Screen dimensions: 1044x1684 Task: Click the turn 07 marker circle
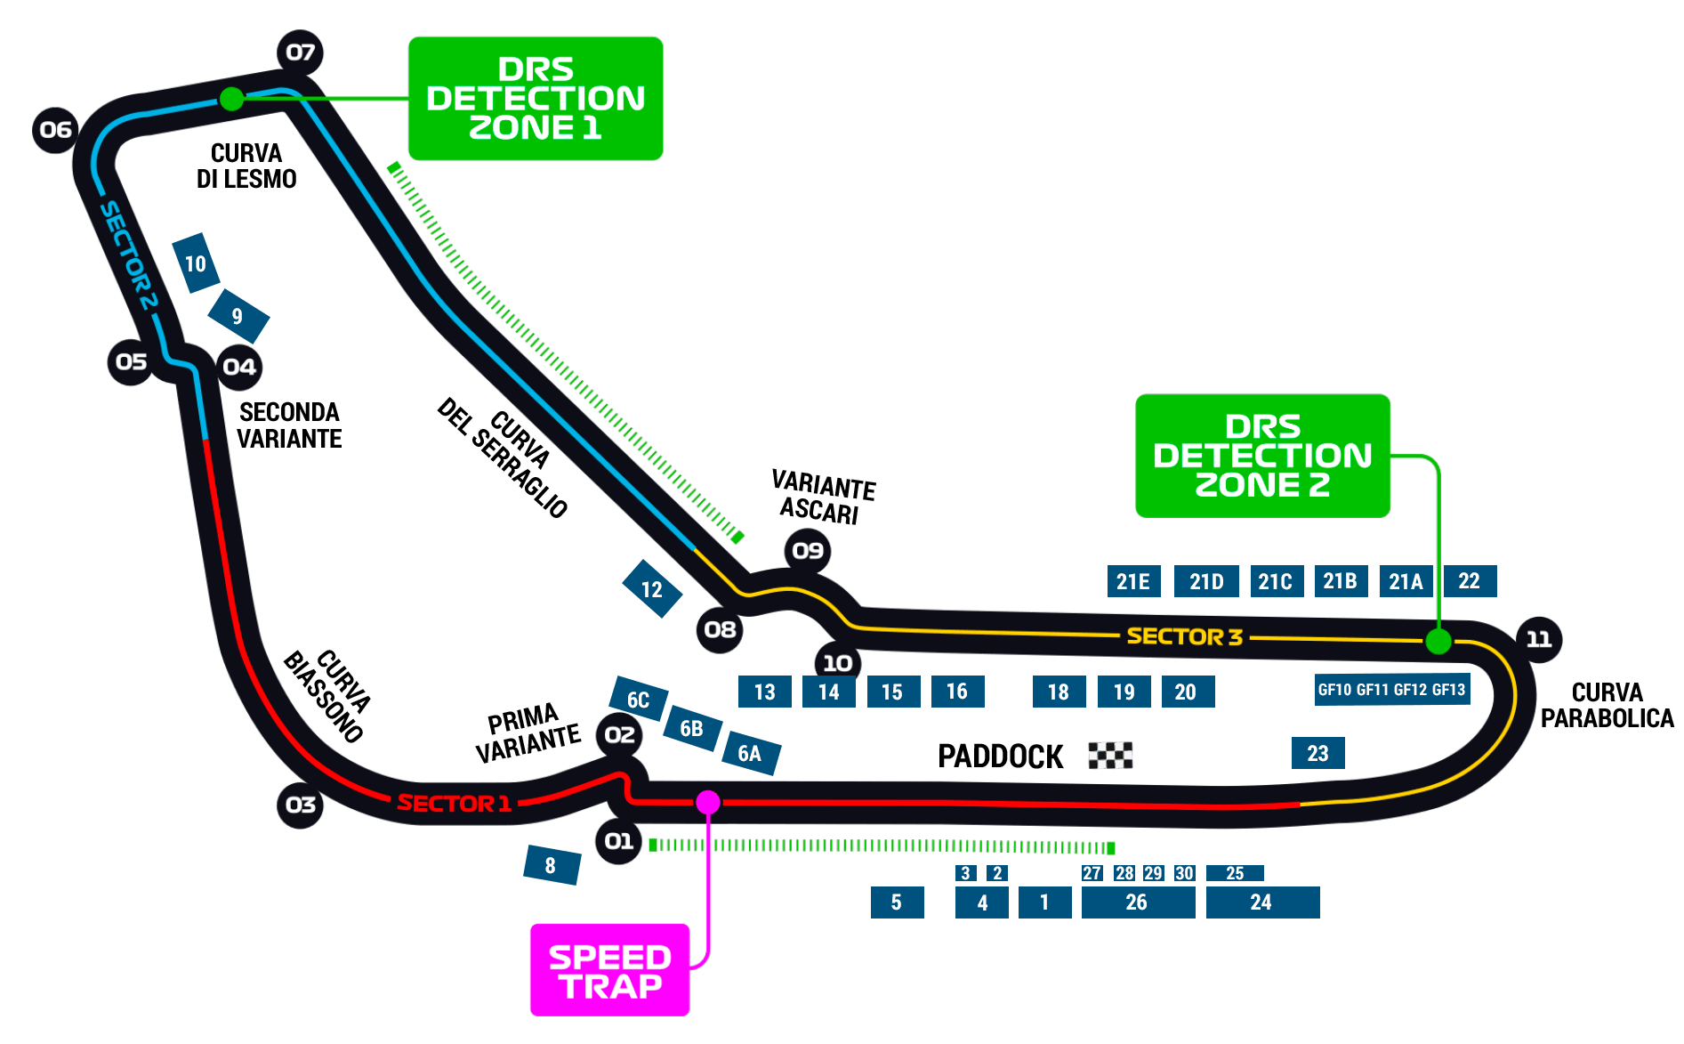click(x=301, y=53)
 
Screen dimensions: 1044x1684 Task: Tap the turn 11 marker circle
click(x=1538, y=639)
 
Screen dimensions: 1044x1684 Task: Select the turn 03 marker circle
click(x=301, y=805)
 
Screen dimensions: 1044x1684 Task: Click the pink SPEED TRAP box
click(x=609, y=970)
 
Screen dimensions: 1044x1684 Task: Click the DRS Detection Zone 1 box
click(x=536, y=99)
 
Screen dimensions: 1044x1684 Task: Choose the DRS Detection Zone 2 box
click(x=1262, y=456)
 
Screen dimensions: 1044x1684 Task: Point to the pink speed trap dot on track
click(x=708, y=803)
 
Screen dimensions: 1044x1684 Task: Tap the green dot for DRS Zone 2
click(x=1438, y=641)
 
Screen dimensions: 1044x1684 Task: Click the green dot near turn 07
click(x=231, y=99)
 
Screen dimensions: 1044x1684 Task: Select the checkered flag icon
click(x=1110, y=756)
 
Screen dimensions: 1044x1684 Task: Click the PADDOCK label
click(x=1001, y=757)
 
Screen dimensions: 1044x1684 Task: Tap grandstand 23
click(x=1317, y=753)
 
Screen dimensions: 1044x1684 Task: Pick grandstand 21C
click(x=1275, y=582)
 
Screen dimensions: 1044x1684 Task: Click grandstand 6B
click(x=692, y=729)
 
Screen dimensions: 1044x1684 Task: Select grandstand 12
click(x=651, y=589)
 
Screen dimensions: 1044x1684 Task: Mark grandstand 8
click(x=551, y=865)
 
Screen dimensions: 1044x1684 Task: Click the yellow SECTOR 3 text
click(x=1184, y=637)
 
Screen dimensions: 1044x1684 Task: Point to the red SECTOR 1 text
click(x=454, y=804)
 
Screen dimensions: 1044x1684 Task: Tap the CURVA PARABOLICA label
click(x=1607, y=706)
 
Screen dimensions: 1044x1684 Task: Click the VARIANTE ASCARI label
click(x=822, y=498)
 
